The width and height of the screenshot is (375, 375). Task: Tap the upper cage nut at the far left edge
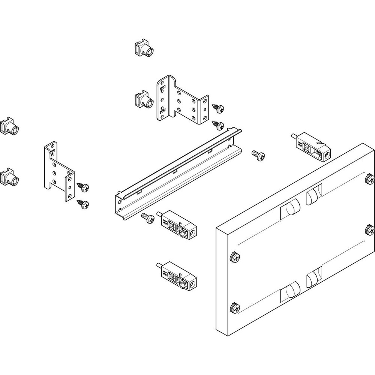click(9, 126)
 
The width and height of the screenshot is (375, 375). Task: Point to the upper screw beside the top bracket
click(218, 108)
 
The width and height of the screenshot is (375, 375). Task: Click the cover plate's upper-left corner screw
click(235, 257)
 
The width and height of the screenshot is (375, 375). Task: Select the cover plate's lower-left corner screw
click(235, 308)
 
